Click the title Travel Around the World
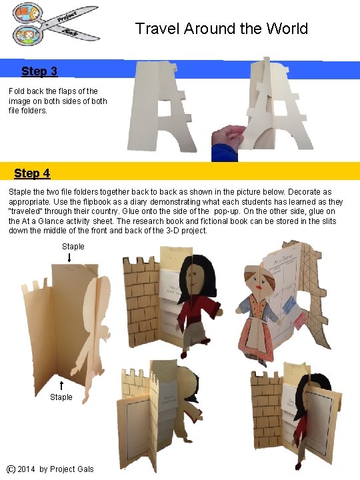tap(221, 29)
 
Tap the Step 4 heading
tap(32, 173)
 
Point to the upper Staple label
tap(73, 247)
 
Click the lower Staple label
tap(61, 397)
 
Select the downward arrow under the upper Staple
tap(70, 258)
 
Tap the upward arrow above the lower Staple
tap(61, 385)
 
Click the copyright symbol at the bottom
tap(11, 469)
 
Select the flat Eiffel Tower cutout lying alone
tap(164, 107)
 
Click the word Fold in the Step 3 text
tap(17, 91)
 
